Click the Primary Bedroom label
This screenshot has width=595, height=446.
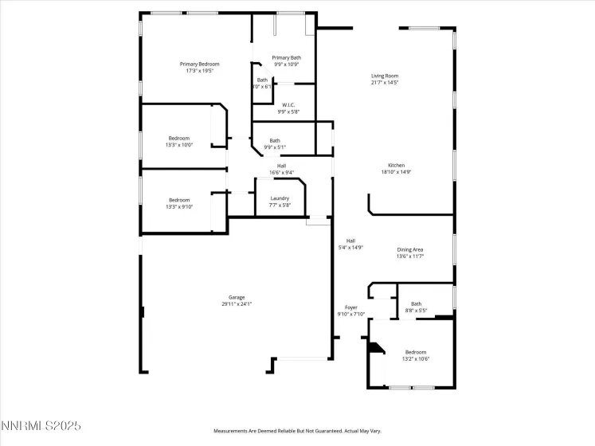[199, 64]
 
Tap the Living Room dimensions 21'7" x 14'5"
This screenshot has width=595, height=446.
[385, 83]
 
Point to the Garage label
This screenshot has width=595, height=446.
[237, 297]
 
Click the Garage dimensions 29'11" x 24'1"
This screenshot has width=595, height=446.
[237, 304]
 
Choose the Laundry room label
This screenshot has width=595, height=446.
[280, 198]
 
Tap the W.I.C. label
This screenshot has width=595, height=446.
[288, 105]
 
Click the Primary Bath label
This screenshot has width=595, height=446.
[286, 57]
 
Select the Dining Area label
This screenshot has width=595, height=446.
[410, 249]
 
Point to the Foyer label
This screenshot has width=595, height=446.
[351, 307]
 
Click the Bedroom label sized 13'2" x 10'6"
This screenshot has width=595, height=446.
[416, 352]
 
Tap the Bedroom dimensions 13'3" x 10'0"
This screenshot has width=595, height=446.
[179, 145]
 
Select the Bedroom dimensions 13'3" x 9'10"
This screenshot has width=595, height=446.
[179, 206]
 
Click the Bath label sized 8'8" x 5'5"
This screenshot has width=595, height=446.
[417, 303]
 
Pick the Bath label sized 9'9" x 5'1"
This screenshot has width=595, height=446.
[275, 140]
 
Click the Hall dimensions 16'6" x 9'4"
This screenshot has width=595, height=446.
[281, 172]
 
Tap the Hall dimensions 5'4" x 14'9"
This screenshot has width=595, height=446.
[350, 248]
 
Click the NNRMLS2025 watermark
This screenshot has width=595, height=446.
[41, 428]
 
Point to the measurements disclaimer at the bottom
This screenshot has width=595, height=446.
[296, 430]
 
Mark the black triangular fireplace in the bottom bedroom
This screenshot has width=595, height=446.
[374, 348]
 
